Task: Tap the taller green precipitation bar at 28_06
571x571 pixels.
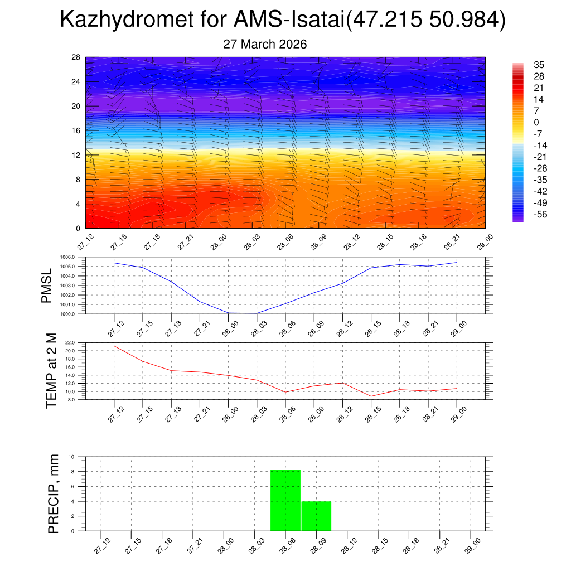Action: [285, 500]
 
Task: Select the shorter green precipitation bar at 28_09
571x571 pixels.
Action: [316, 516]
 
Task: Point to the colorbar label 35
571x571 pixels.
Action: [539, 65]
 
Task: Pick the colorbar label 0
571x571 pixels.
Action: [536, 123]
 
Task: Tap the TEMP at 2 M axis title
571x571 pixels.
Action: [51, 371]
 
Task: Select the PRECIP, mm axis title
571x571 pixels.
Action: [53, 493]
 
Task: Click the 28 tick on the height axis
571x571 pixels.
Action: [76, 57]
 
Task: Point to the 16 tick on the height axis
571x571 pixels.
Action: [76, 130]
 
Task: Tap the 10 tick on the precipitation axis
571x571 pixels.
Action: [79, 457]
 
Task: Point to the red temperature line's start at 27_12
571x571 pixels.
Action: [114, 346]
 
